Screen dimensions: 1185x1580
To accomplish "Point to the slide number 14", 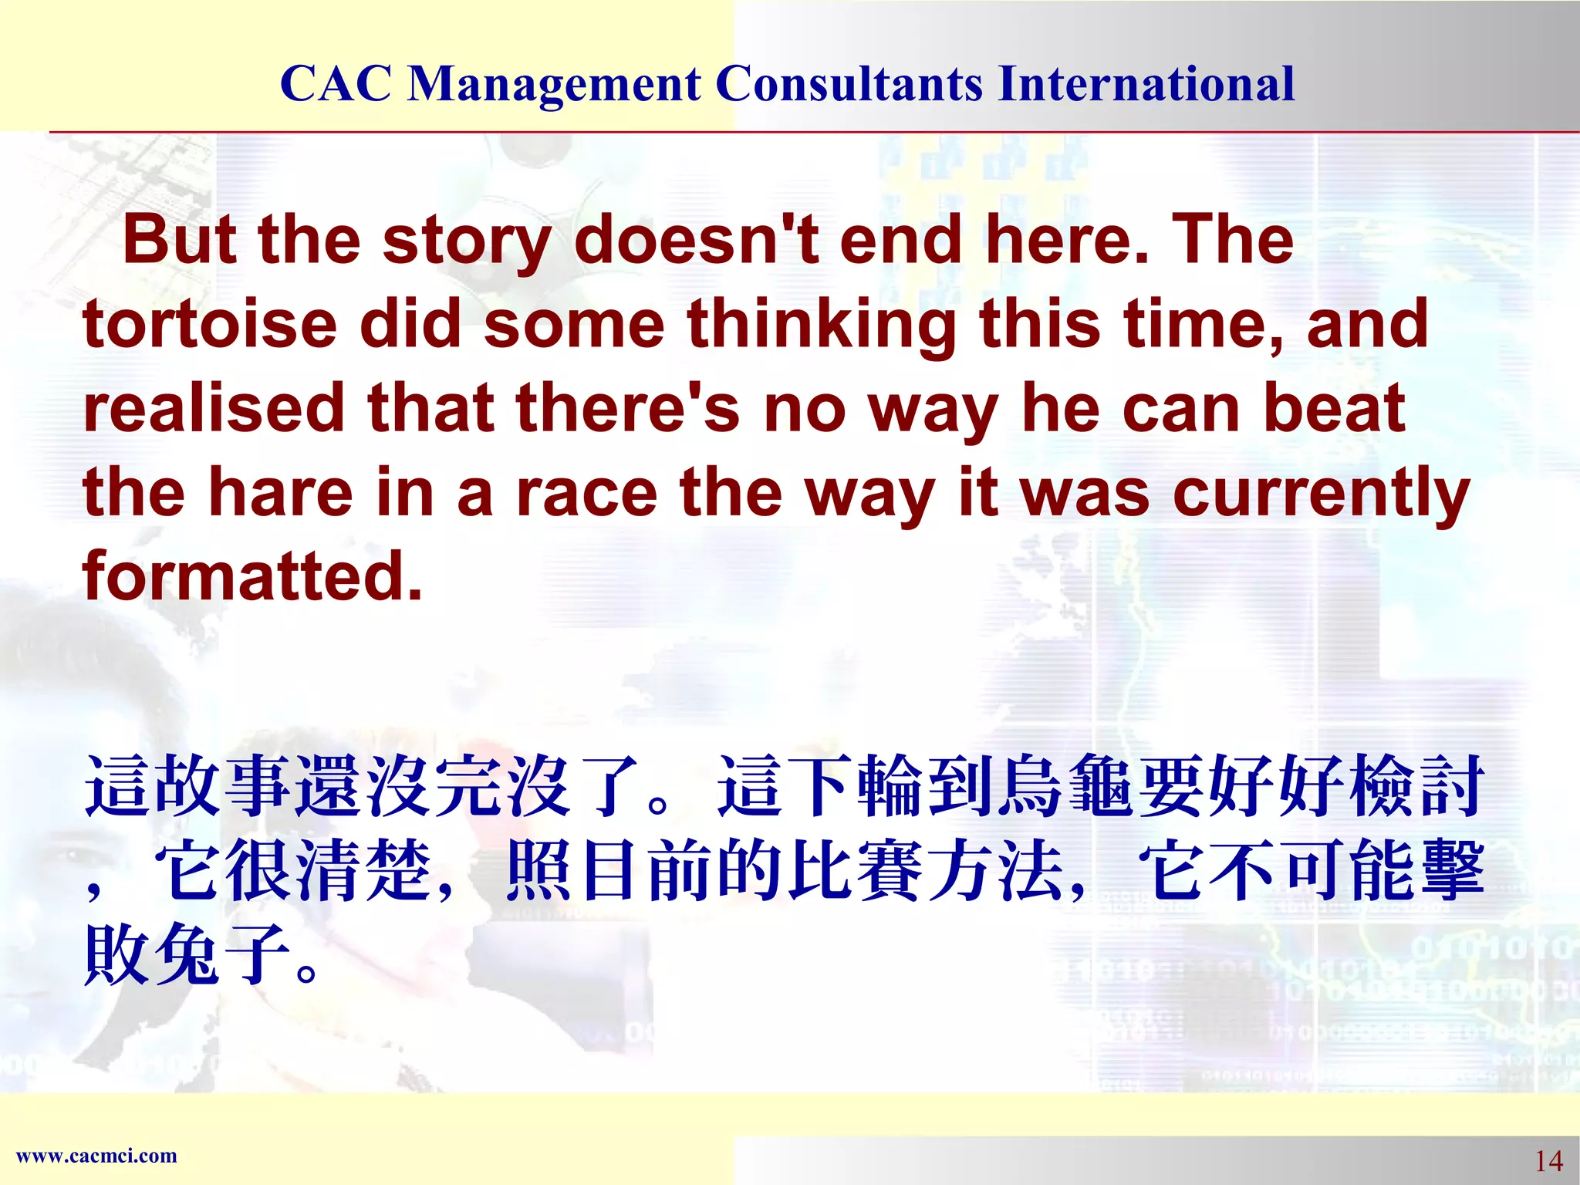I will point(1548,1160).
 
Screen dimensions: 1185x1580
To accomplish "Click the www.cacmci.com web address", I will point(96,1156).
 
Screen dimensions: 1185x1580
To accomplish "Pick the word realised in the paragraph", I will point(214,409).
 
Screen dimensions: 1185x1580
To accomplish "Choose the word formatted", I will point(253,576).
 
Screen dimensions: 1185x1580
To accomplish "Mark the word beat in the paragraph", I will point(1334,409).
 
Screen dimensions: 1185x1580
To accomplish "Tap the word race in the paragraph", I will point(586,494).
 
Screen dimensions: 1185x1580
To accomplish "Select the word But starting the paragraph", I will point(180,241).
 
